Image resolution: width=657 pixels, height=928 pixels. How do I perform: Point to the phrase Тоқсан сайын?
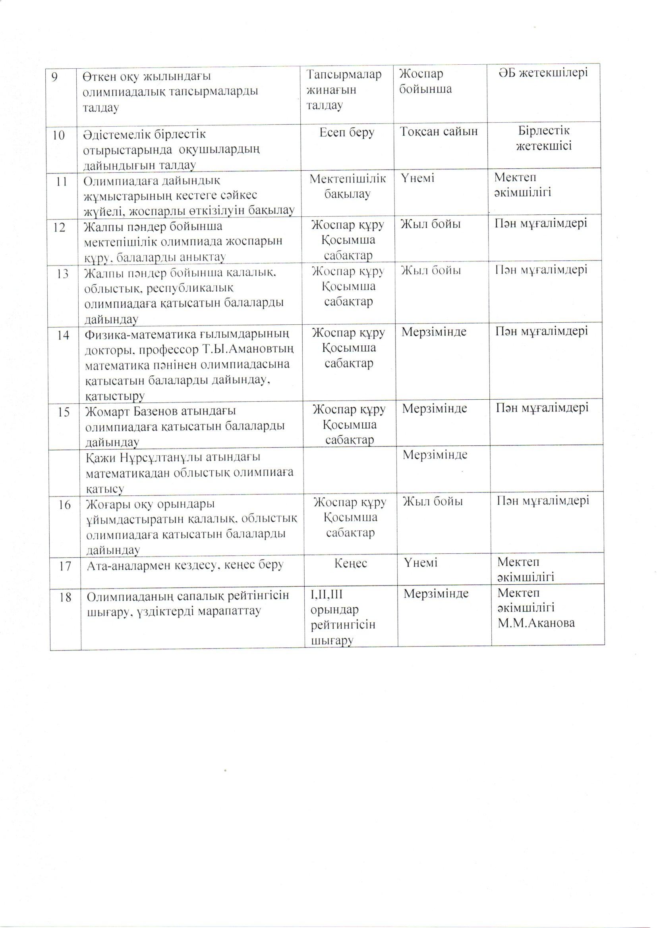click(x=439, y=132)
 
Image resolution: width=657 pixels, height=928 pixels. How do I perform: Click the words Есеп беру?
click(x=347, y=132)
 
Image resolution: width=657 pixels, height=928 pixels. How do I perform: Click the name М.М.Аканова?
click(x=536, y=623)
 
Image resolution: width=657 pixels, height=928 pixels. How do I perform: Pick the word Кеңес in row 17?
click(x=350, y=563)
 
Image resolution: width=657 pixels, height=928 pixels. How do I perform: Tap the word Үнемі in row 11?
click(x=417, y=178)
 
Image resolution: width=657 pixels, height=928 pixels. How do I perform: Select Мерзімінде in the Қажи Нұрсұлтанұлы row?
click(x=435, y=455)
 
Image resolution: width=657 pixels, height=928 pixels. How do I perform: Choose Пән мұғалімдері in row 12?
click(x=541, y=223)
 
